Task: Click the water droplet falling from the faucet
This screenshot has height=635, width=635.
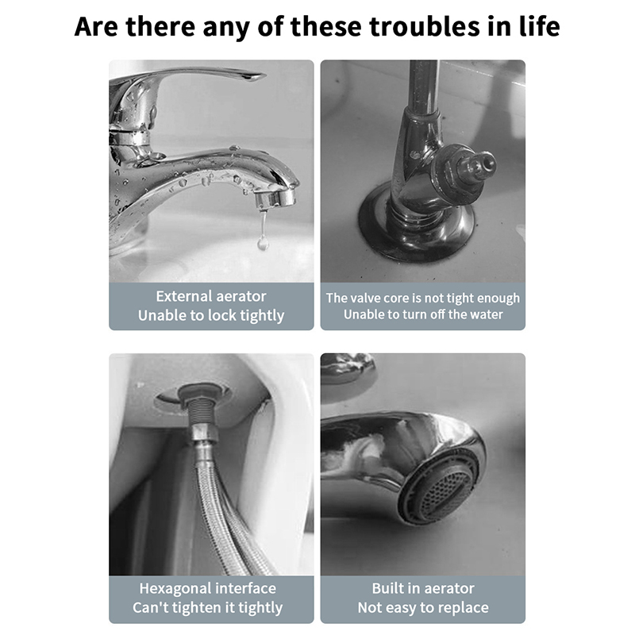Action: click(x=264, y=242)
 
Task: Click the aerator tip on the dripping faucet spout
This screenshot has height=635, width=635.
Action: click(x=275, y=198)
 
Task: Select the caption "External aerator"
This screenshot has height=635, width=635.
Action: click(x=211, y=296)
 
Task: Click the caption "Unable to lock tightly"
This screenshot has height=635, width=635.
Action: click(x=211, y=315)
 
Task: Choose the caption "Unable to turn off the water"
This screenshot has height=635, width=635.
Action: click(x=423, y=314)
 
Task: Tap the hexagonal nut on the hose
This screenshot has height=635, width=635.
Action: click(x=206, y=434)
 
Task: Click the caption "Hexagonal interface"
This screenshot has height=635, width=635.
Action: click(x=208, y=588)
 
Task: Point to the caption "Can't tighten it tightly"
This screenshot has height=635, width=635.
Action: click(x=208, y=607)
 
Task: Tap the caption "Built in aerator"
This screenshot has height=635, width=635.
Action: click(x=423, y=588)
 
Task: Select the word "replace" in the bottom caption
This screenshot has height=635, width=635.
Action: click(x=463, y=608)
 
